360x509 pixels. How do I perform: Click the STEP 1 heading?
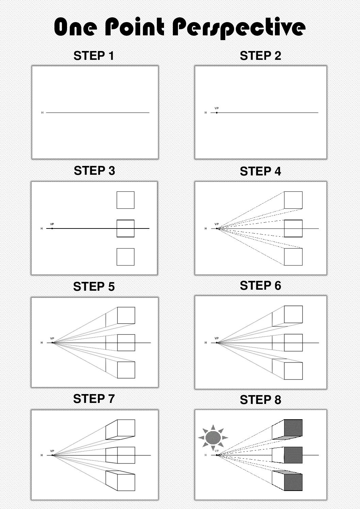coord(94,56)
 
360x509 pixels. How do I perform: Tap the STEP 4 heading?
coord(260,171)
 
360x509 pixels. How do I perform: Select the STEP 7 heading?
coord(94,398)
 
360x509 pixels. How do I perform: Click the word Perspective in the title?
coord(239,28)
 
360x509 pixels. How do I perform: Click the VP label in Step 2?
coord(216,108)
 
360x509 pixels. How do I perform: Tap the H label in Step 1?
coord(42,113)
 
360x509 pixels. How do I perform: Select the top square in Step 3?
coord(125,200)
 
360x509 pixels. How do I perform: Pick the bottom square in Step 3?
coord(125,257)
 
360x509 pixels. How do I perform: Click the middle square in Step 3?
coord(125,228)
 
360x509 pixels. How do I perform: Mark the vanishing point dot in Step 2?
coord(217,113)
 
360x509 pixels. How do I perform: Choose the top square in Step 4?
coord(293,200)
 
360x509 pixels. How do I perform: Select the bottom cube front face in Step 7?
coord(126,482)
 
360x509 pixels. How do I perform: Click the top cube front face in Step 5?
coord(126,315)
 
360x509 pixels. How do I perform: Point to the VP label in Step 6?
coord(216,338)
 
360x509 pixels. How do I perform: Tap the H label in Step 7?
coord(42,455)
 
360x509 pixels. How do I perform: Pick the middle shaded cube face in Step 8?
coord(293,455)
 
